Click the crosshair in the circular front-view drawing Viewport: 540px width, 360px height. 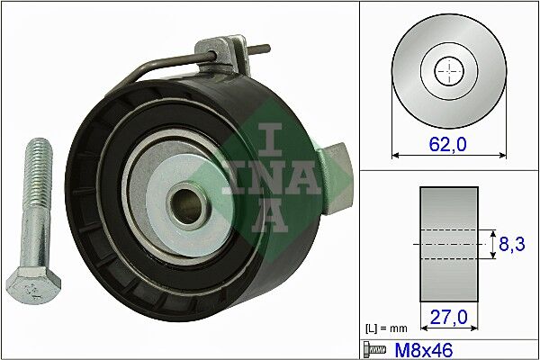coord(448,71)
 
